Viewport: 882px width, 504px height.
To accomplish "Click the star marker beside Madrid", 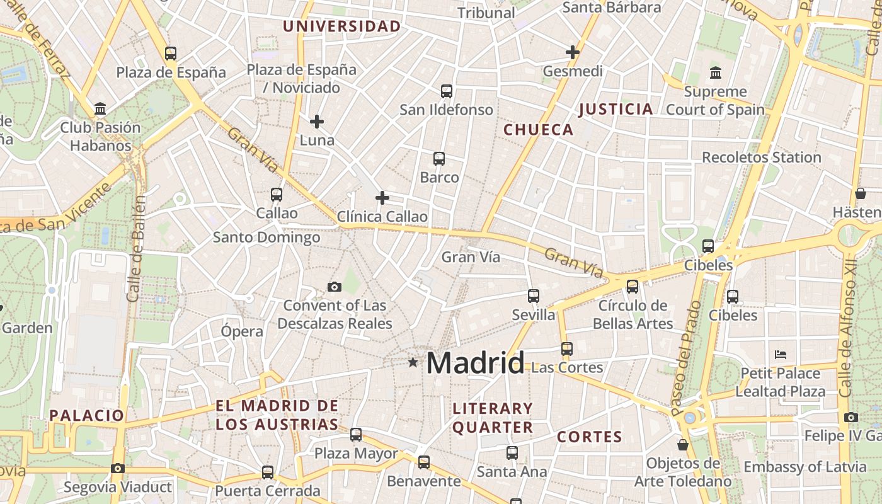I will (x=413, y=362).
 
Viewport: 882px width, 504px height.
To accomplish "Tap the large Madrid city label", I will (x=476, y=364).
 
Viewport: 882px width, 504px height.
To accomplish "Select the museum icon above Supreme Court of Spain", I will (x=716, y=73).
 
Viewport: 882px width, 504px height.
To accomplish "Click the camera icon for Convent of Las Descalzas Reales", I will (x=335, y=287).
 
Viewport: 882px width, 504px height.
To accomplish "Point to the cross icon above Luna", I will (x=317, y=121).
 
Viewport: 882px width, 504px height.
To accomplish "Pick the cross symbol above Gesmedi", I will (x=573, y=52).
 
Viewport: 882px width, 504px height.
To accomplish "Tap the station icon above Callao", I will (x=277, y=195).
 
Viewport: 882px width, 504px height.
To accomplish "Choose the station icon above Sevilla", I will (x=534, y=295).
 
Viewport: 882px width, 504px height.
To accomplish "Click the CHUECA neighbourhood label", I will (x=539, y=130).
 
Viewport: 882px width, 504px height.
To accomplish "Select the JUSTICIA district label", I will (x=616, y=109).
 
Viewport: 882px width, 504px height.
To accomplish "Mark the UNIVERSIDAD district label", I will (x=341, y=26).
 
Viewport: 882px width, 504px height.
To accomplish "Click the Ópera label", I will (x=242, y=331).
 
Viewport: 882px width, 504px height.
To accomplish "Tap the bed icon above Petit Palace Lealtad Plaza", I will (x=781, y=354).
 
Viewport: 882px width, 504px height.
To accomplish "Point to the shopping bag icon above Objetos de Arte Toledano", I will (x=682, y=445).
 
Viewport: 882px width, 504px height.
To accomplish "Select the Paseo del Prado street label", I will (x=686, y=358).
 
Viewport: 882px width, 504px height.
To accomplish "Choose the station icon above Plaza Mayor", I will (x=356, y=434).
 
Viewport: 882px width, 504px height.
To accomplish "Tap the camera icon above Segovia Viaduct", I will (x=118, y=468).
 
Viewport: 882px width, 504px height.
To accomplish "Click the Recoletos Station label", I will (x=762, y=157).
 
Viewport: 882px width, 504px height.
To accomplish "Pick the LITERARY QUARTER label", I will (x=493, y=418).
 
